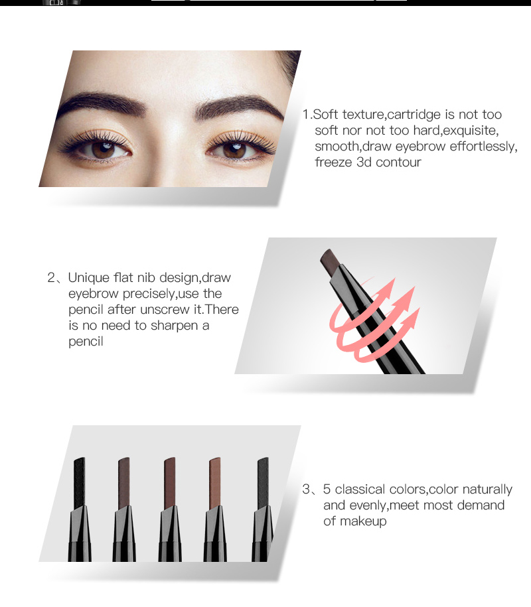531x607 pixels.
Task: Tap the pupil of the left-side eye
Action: [x=104, y=149]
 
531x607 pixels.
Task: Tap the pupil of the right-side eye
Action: [x=235, y=150]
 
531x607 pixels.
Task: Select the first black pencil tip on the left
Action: [x=80, y=482]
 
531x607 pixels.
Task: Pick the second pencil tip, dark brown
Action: [x=124, y=482]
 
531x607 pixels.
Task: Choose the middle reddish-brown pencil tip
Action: [x=170, y=482]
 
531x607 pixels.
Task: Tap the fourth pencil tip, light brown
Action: [x=214, y=482]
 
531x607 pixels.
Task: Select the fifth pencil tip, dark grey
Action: [x=263, y=482]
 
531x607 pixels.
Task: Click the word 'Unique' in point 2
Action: [x=89, y=279]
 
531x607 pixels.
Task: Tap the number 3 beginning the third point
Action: [x=306, y=490]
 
